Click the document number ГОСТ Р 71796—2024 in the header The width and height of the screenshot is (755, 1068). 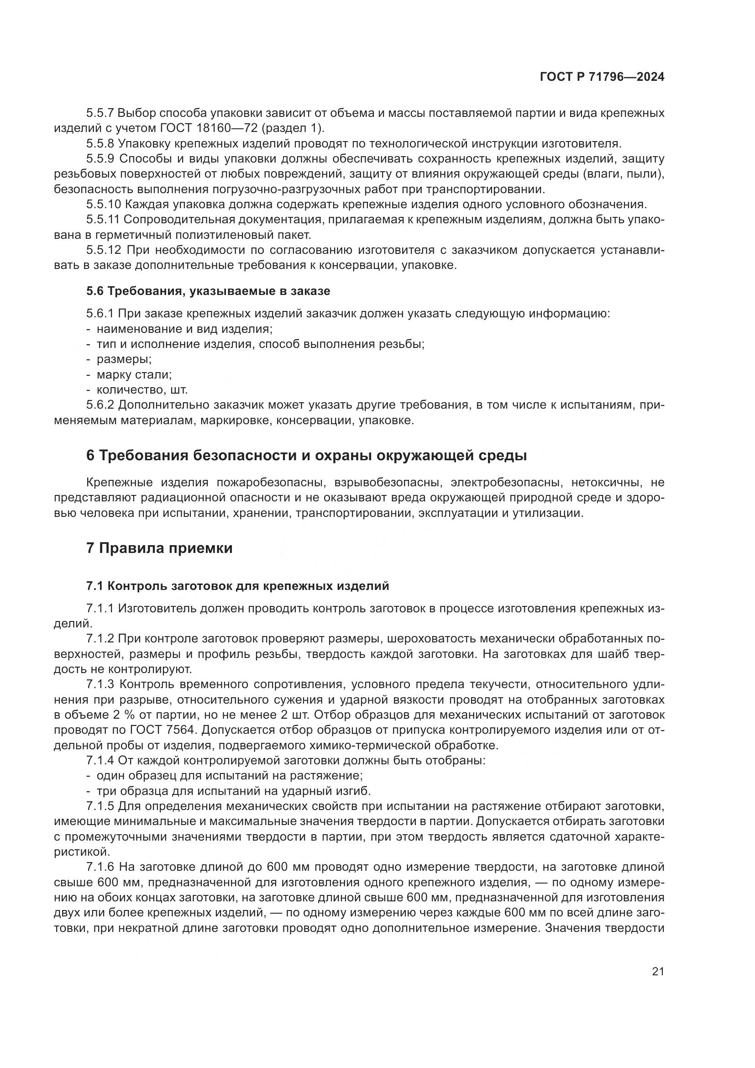[602, 77]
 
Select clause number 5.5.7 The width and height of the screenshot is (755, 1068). [100, 113]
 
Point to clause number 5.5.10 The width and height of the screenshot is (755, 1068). [104, 204]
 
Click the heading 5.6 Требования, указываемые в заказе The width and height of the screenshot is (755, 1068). [208, 291]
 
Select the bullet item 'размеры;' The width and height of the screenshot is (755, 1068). [124, 359]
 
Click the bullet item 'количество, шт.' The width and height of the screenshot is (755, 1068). [142, 390]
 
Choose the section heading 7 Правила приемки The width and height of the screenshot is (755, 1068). [159, 548]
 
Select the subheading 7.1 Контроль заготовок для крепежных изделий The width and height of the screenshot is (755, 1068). [237, 586]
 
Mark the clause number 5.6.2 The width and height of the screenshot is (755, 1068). [100, 405]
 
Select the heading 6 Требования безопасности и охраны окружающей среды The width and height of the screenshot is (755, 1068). [306, 455]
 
